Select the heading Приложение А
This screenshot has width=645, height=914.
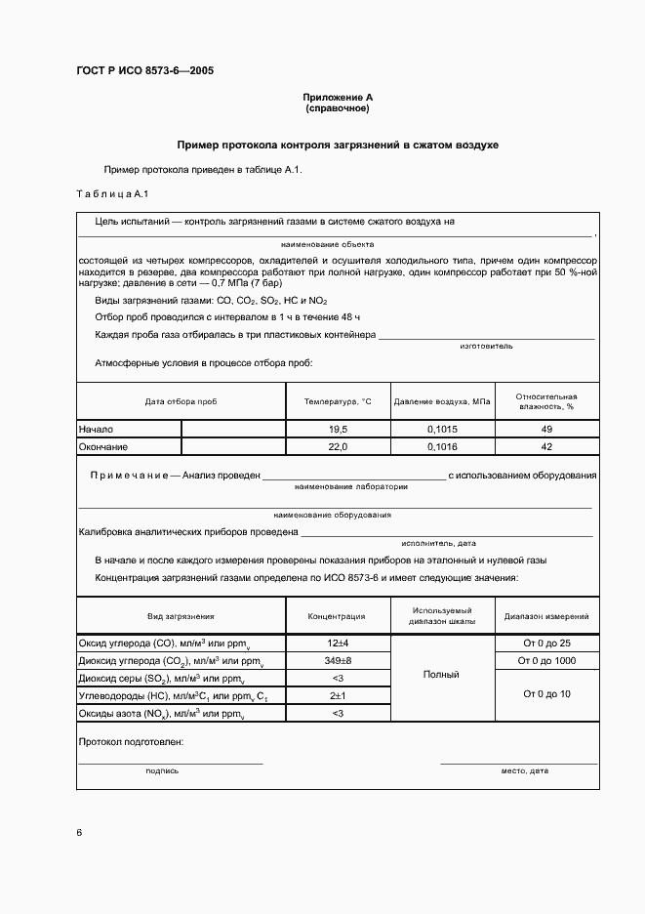coord(338,98)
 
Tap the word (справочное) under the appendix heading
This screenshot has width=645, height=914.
coord(338,108)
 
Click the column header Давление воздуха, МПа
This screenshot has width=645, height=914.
coord(443,401)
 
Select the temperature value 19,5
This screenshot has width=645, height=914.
coord(338,429)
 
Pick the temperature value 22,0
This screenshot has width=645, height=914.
coord(338,446)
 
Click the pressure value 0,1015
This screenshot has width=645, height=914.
coord(443,429)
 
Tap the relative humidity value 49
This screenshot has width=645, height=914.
coord(546,429)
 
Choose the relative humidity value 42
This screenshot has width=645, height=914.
coord(546,446)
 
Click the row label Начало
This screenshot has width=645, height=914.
coord(97,429)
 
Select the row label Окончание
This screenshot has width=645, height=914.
coord(103,446)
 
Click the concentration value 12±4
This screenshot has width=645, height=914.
coord(338,644)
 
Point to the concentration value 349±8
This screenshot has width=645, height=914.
coord(338,661)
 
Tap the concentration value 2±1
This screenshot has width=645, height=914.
coord(338,695)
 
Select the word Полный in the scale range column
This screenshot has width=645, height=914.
coord(443,675)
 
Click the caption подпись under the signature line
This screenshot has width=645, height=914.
coord(162,770)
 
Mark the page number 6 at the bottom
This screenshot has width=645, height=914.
coord(79,832)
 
